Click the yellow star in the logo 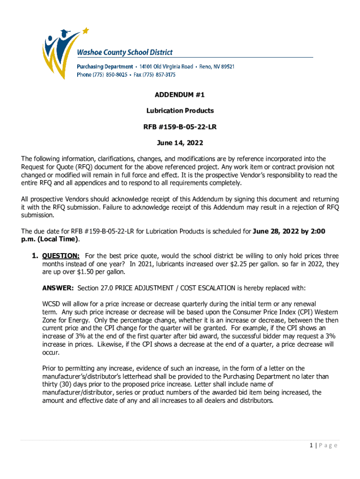pos(85,31)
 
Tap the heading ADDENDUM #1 pos(180,95)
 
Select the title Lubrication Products pos(180,111)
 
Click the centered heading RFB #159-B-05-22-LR pos(180,127)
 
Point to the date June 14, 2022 pos(180,143)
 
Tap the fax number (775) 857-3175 pos(159,74)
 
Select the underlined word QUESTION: pos(61,256)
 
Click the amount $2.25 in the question pos(259,264)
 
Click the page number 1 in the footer pos(311,445)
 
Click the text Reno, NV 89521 pos(216,66)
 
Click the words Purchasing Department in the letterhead pos(105,66)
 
